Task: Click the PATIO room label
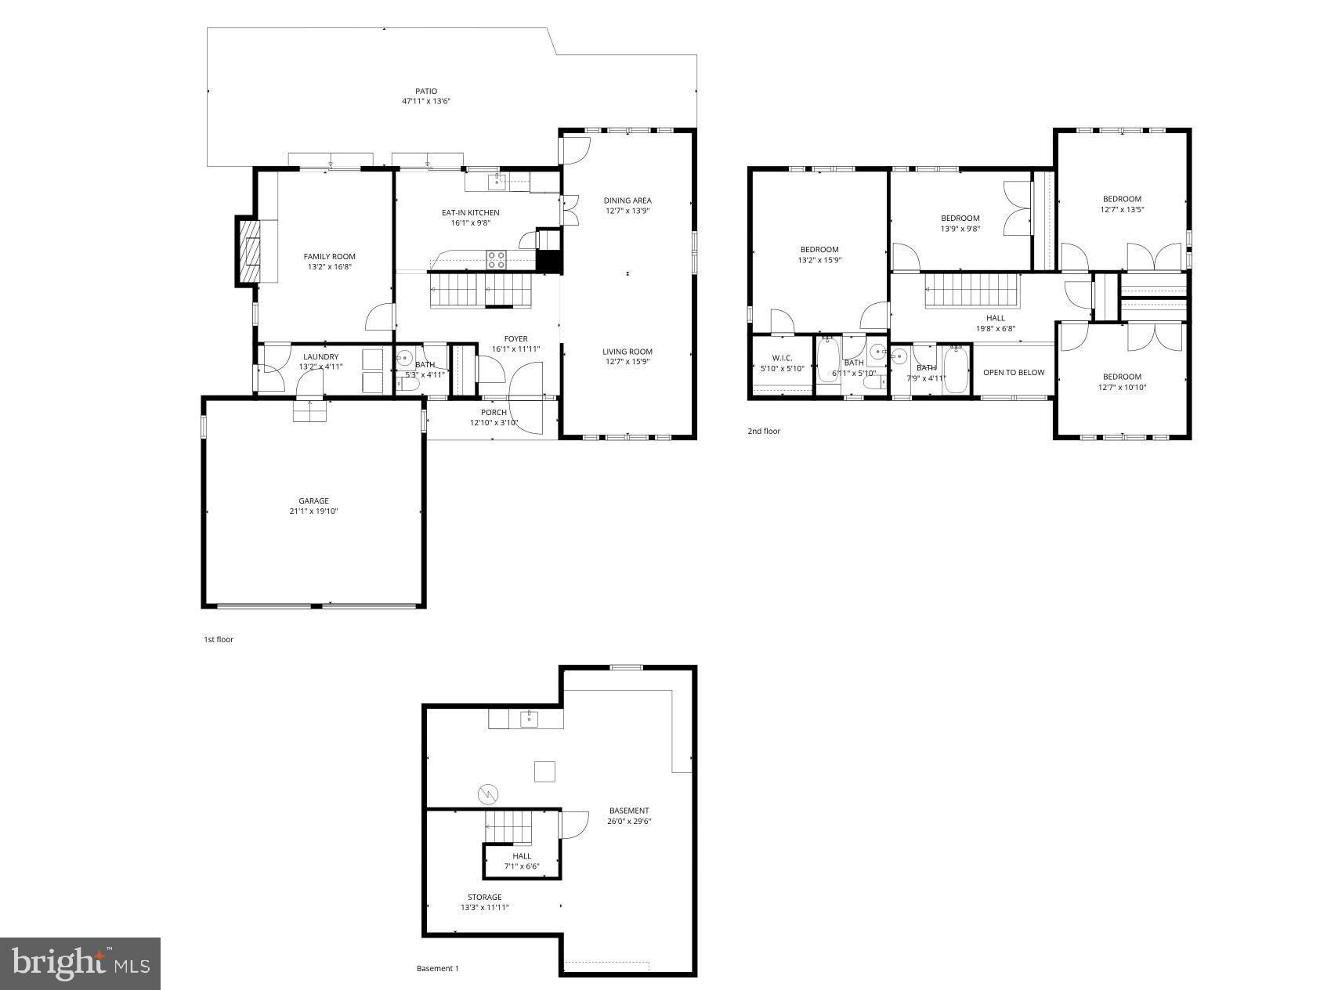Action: [426, 91]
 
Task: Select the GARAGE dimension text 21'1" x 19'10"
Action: [313, 511]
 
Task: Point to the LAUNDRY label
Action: [320, 356]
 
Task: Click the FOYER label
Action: [515, 339]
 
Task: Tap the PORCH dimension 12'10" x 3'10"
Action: [494, 423]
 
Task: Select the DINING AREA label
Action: [627, 201]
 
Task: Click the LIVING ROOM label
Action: [627, 352]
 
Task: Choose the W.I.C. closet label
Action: [782, 358]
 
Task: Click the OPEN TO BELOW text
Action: [1014, 372]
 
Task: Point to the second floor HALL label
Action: [995, 318]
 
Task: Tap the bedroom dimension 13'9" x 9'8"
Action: [960, 229]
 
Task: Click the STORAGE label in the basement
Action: [484, 897]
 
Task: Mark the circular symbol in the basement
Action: [487, 794]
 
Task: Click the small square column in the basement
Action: [544, 771]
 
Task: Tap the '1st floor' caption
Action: [219, 639]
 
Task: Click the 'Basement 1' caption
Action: [437, 968]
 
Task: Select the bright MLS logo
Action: [80, 963]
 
